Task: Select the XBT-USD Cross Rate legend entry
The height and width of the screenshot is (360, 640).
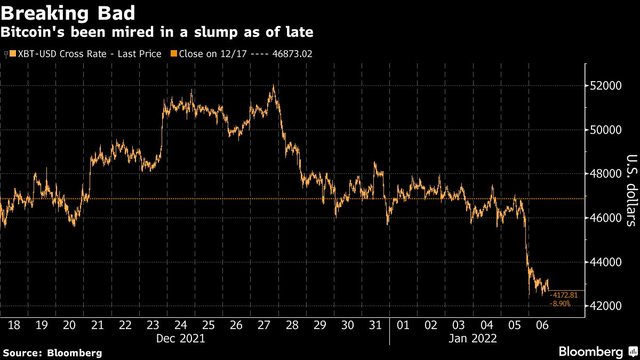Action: pos(85,54)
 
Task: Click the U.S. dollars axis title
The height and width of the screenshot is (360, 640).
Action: pos(630,190)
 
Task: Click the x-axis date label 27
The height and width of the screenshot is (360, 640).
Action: pos(264,325)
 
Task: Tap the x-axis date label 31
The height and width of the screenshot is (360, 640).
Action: pos(375,325)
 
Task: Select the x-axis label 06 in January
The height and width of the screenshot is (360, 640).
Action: pos(542,325)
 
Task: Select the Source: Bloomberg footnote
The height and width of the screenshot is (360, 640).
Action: pos(52,353)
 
